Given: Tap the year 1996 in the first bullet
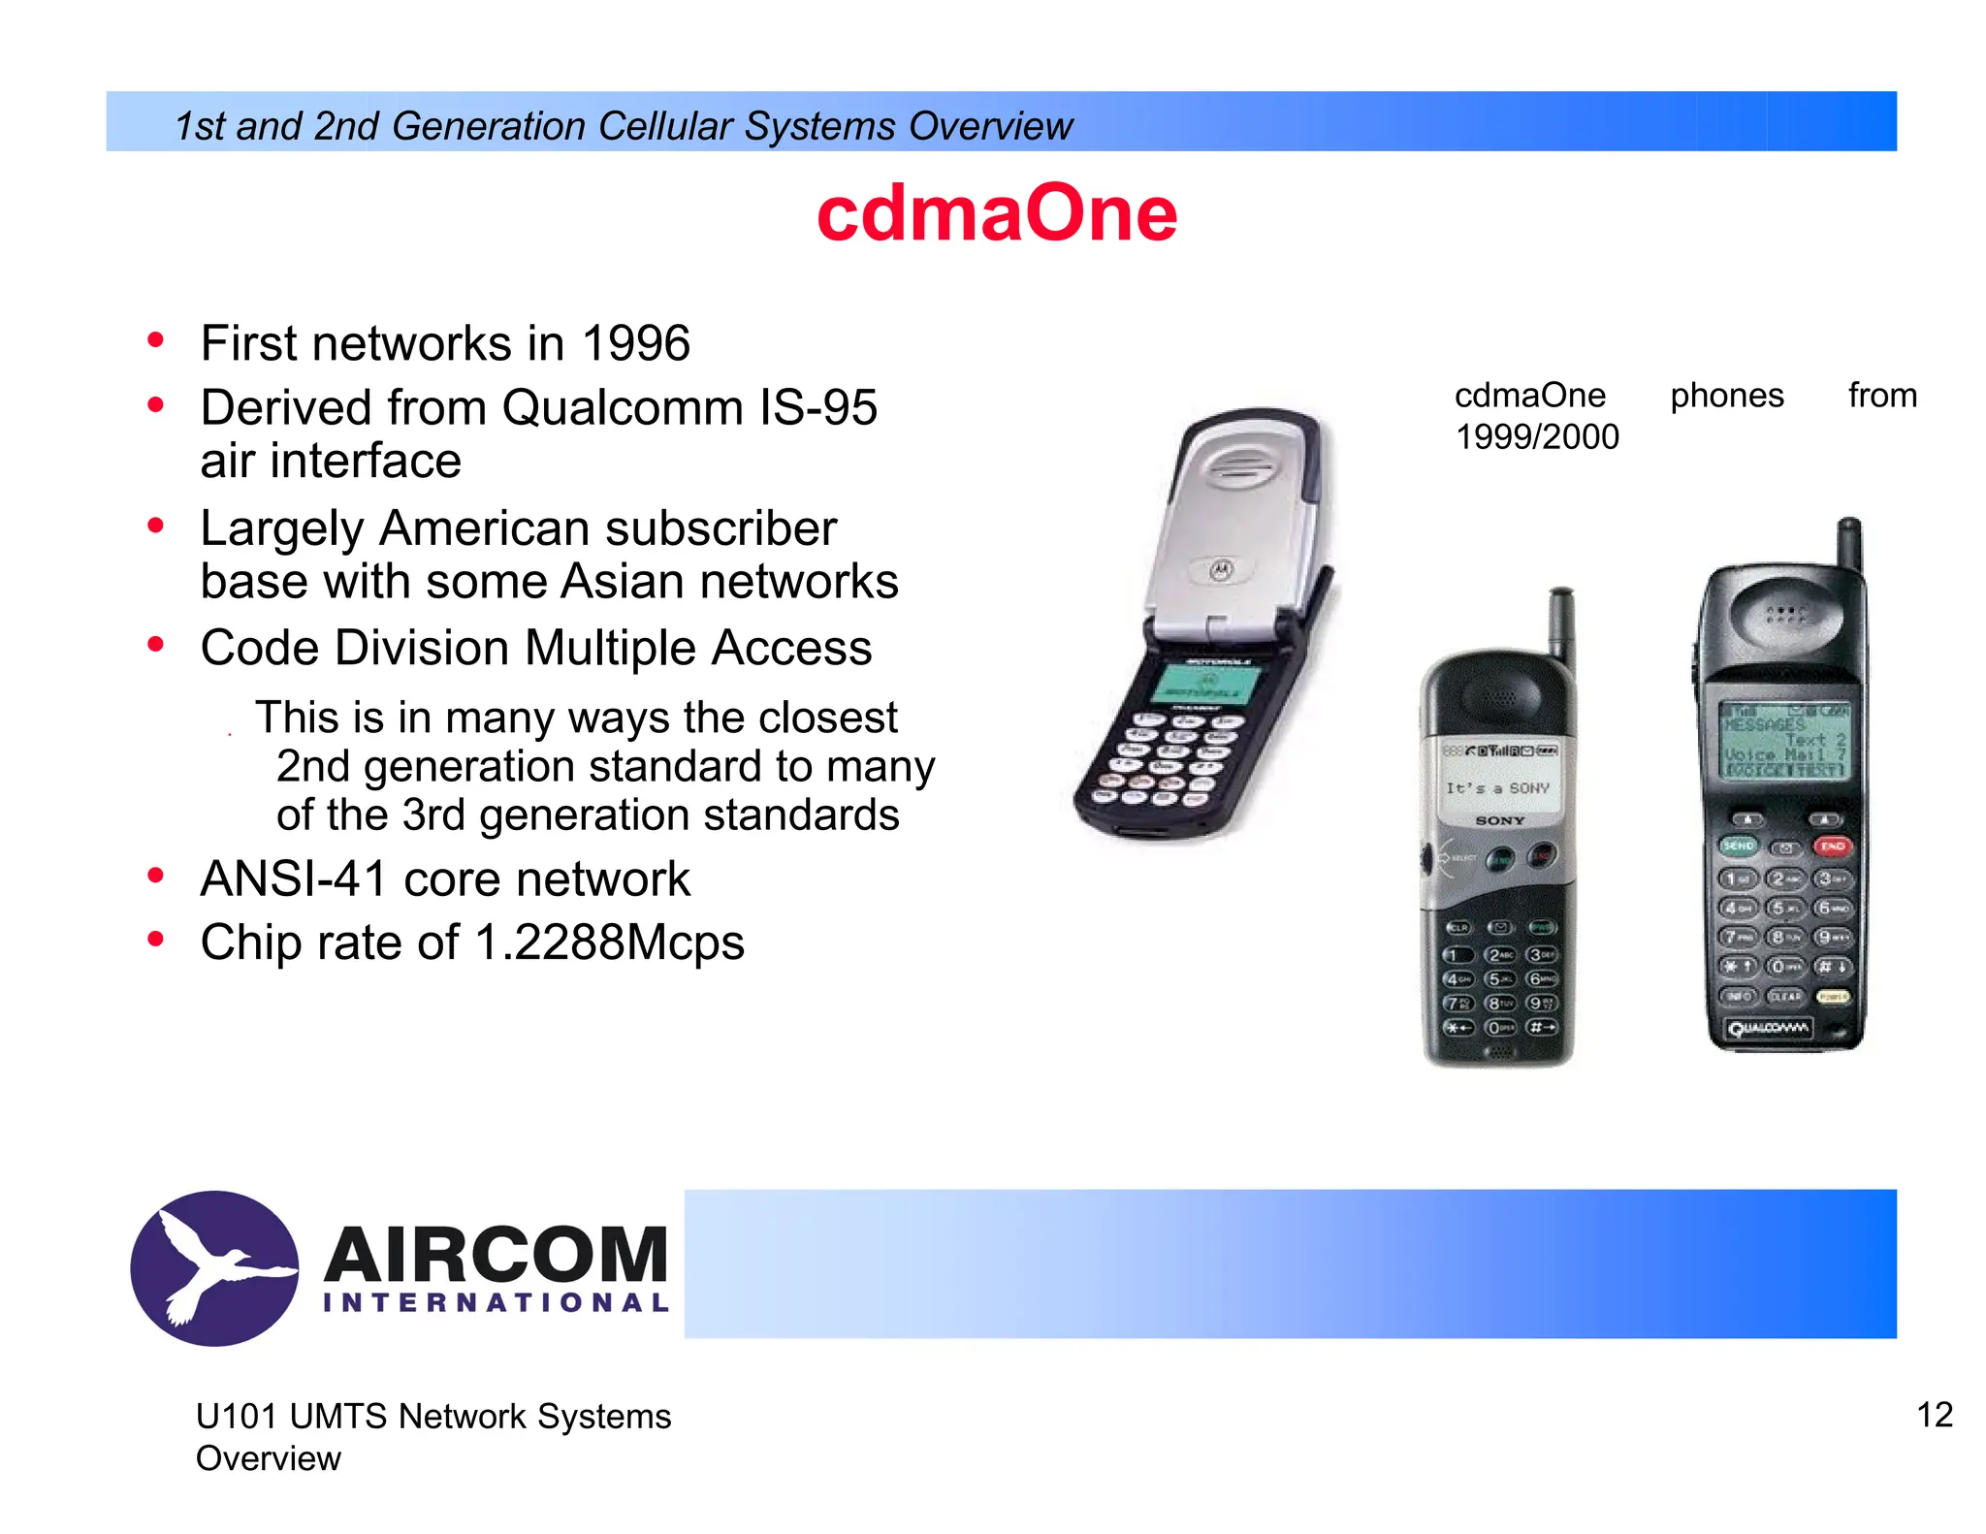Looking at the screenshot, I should (635, 343).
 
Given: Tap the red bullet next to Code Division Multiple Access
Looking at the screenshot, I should (156, 645).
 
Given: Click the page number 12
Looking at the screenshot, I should (1934, 1415).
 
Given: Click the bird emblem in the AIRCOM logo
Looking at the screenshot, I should (214, 1267).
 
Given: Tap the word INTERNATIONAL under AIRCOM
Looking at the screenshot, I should (496, 1302).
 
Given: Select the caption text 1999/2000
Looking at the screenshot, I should (1537, 437).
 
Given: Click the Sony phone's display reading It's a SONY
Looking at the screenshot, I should (1497, 788).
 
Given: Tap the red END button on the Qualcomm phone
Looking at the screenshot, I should (1831, 846).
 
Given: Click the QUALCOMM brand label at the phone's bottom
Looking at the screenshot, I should (1768, 1028).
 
